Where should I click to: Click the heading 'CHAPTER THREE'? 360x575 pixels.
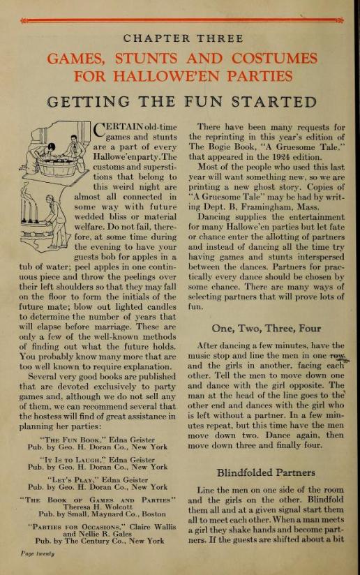(179, 38)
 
